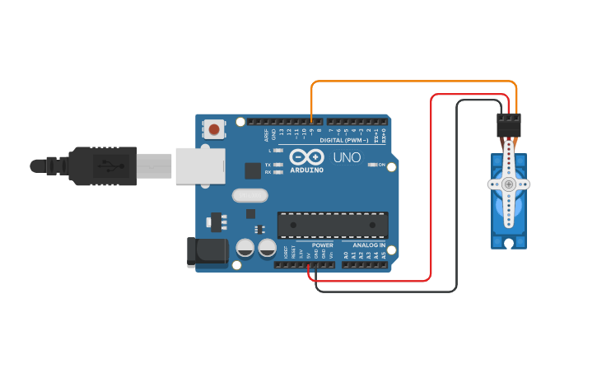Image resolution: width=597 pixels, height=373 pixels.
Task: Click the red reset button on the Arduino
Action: tap(215, 129)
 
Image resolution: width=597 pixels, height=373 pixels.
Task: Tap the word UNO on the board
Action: tap(347, 157)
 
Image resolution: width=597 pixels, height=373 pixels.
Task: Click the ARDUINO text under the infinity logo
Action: tap(306, 170)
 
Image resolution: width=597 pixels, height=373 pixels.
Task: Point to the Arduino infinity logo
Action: tap(306, 156)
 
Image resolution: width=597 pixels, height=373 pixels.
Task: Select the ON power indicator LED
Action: tap(372, 166)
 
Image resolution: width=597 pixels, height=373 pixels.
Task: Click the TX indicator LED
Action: tap(278, 165)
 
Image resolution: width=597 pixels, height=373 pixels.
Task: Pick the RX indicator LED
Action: tap(278, 172)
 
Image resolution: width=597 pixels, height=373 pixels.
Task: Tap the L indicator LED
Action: tap(278, 151)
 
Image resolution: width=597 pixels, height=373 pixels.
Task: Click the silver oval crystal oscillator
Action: tap(250, 195)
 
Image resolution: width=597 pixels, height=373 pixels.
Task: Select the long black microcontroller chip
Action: tap(333, 225)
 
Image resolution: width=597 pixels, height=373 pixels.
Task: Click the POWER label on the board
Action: tap(323, 245)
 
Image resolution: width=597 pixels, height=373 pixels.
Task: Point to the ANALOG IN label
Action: tap(369, 245)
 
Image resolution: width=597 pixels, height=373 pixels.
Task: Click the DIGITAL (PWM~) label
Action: tap(344, 141)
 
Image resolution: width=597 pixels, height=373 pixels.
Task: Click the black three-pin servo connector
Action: tap(508, 125)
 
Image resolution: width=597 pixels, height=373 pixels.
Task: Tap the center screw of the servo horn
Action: tap(509, 184)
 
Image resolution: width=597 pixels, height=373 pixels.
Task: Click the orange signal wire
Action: tap(412, 82)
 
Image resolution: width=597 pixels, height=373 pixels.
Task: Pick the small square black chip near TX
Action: tap(253, 170)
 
